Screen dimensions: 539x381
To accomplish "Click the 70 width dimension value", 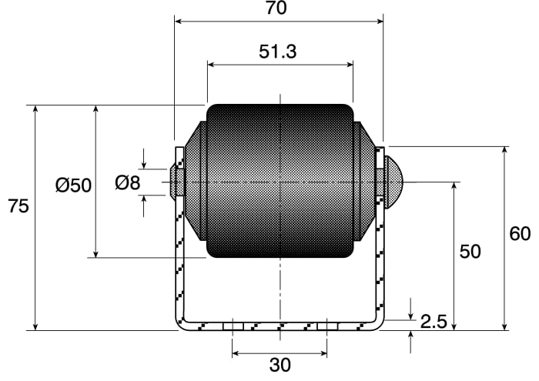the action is tap(276, 8).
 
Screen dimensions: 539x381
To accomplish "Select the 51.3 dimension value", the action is tap(277, 52).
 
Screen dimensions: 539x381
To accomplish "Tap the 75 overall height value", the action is tap(18, 206).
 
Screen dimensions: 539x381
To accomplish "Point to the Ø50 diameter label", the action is tap(73, 185).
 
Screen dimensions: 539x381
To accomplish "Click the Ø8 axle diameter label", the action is tap(128, 182).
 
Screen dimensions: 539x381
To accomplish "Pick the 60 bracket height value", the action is tap(520, 234).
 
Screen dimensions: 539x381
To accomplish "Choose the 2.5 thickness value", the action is tap(434, 322).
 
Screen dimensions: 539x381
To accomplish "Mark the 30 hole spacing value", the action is tap(280, 365).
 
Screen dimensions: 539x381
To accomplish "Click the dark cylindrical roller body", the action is tap(280, 181).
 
